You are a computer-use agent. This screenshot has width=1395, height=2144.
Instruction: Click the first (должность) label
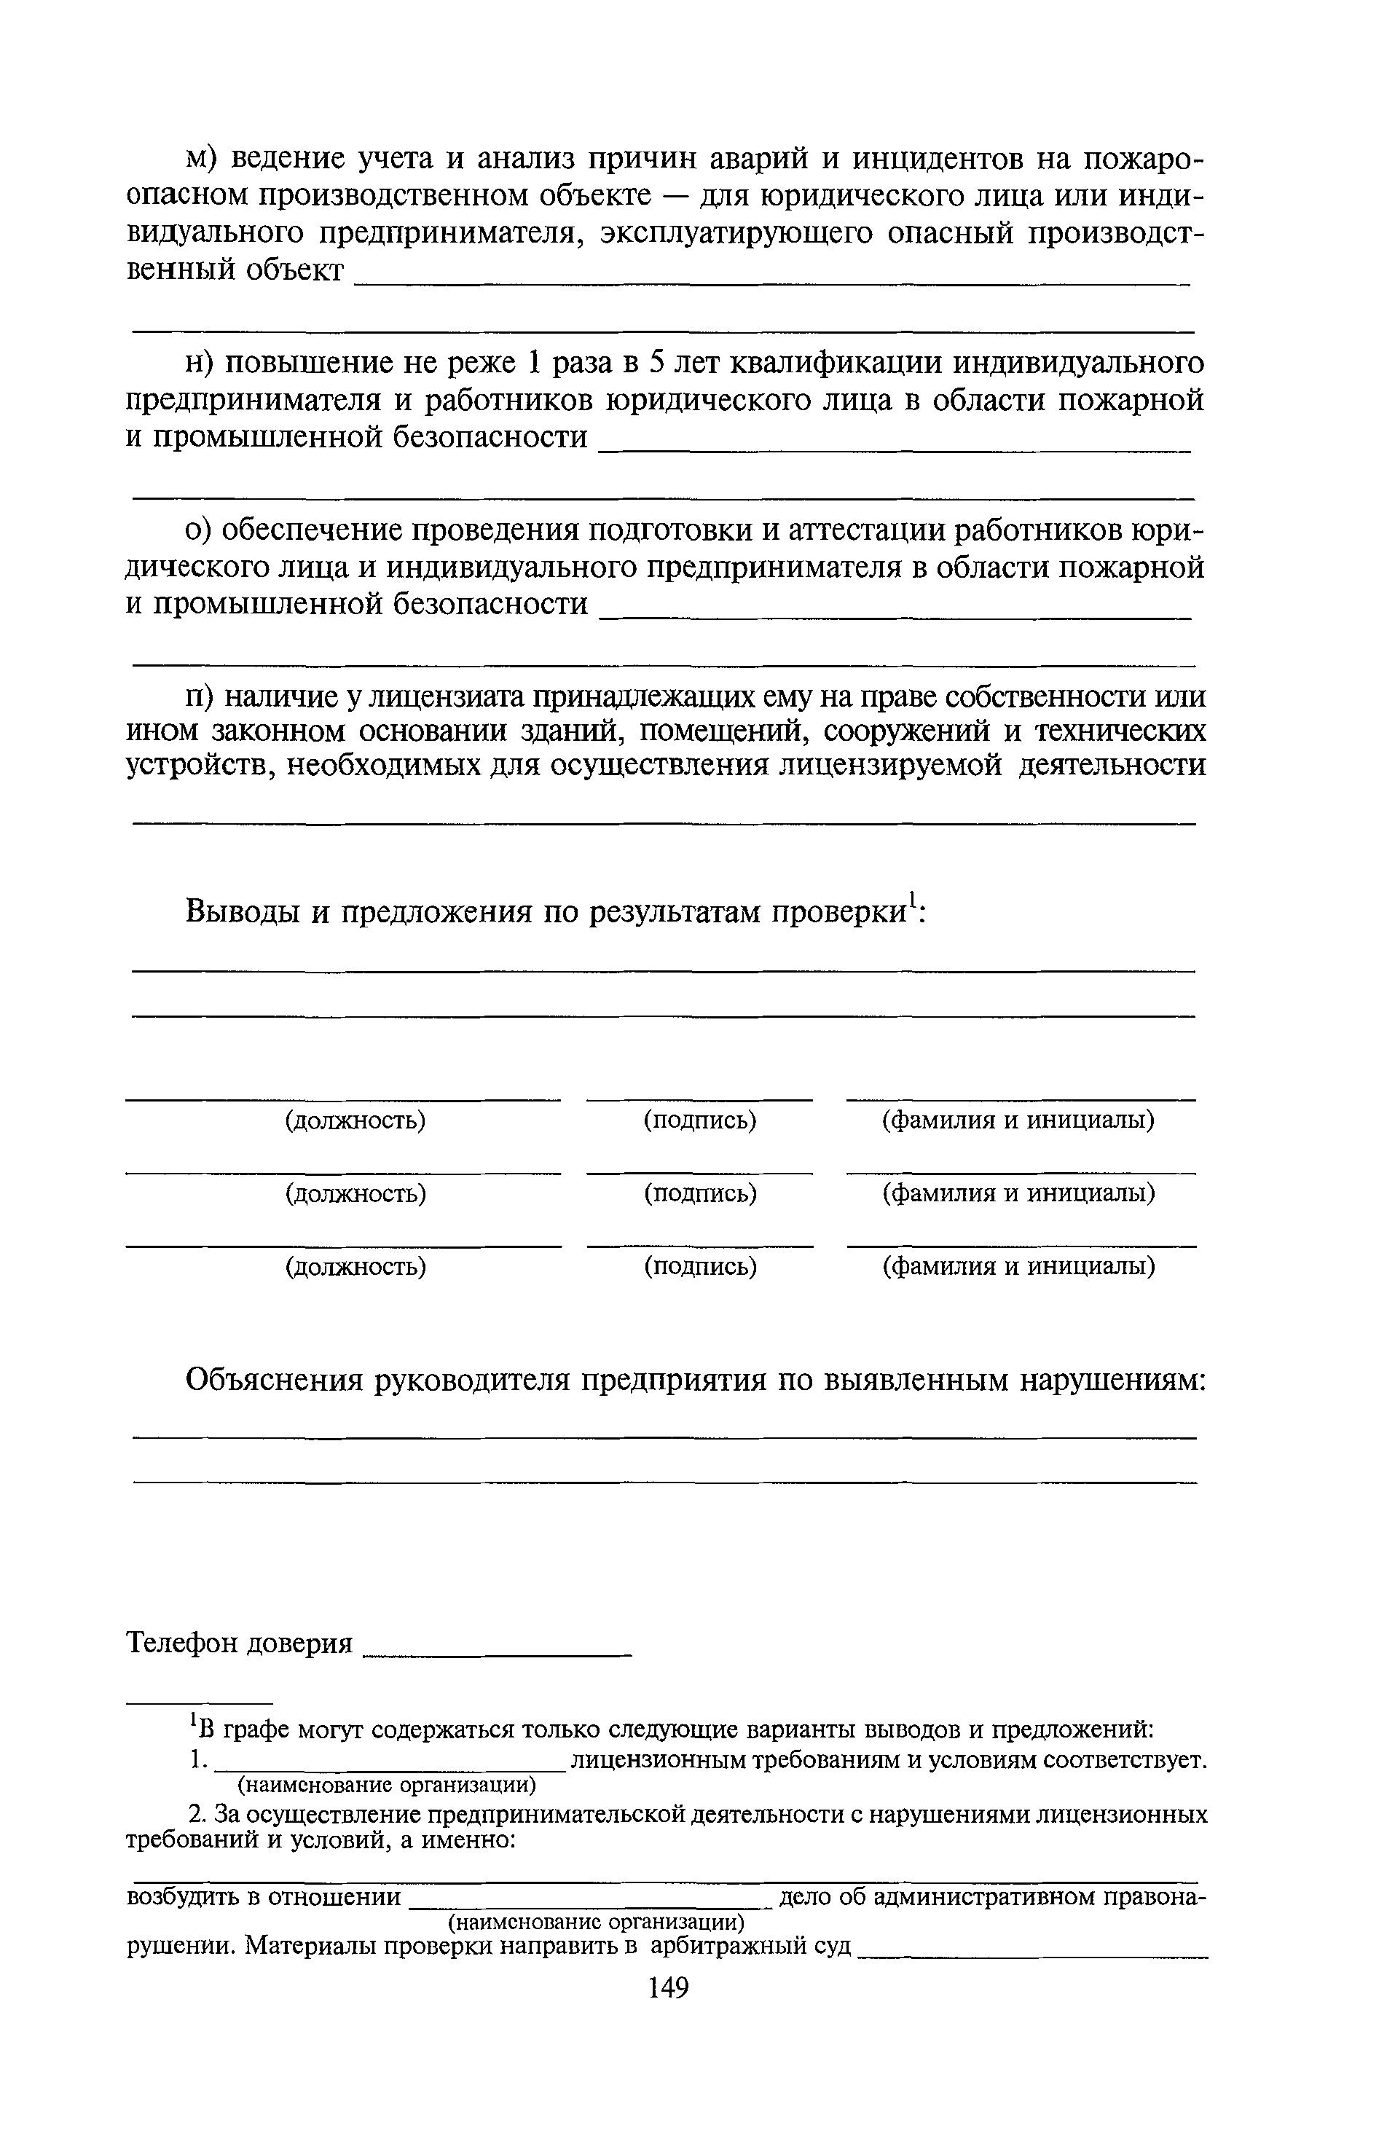355,1120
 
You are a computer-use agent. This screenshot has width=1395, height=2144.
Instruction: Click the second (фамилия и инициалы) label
1018,1193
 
